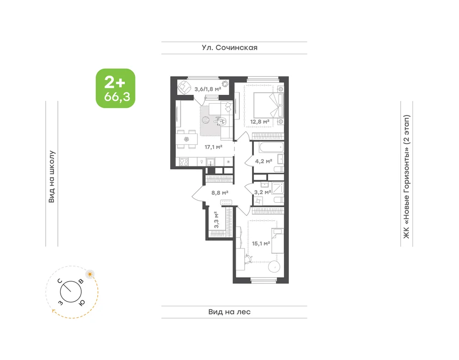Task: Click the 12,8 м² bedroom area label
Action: pyautogui.click(x=260, y=122)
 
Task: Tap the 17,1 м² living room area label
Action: pyautogui.click(x=213, y=147)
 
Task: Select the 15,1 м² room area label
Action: pyautogui.click(x=261, y=244)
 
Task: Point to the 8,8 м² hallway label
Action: pyautogui.click(x=220, y=193)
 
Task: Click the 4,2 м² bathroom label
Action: pyautogui.click(x=264, y=161)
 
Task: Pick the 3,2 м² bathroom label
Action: pyautogui.click(x=263, y=192)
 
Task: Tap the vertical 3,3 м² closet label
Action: pyautogui.click(x=216, y=220)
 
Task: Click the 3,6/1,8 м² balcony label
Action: pyautogui.click(x=208, y=89)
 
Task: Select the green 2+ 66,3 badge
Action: pyautogui.click(x=116, y=89)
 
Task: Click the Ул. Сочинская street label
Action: pyautogui.click(x=230, y=48)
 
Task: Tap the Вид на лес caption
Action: pyautogui.click(x=229, y=312)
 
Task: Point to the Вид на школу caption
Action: pyautogui.click(x=51, y=177)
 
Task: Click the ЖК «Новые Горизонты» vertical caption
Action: pyautogui.click(x=407, y=177)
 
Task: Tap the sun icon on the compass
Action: pyautogui.click(x=90, y=274)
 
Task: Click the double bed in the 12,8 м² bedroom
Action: pyautogui.click(x=269, y=105)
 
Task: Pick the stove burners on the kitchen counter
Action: pyautogui.click(x=184, y=162)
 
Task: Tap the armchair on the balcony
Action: pyautogui.click(x=184, y=87)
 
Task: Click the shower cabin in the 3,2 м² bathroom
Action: pyautogui.click(x=278, y=188)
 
